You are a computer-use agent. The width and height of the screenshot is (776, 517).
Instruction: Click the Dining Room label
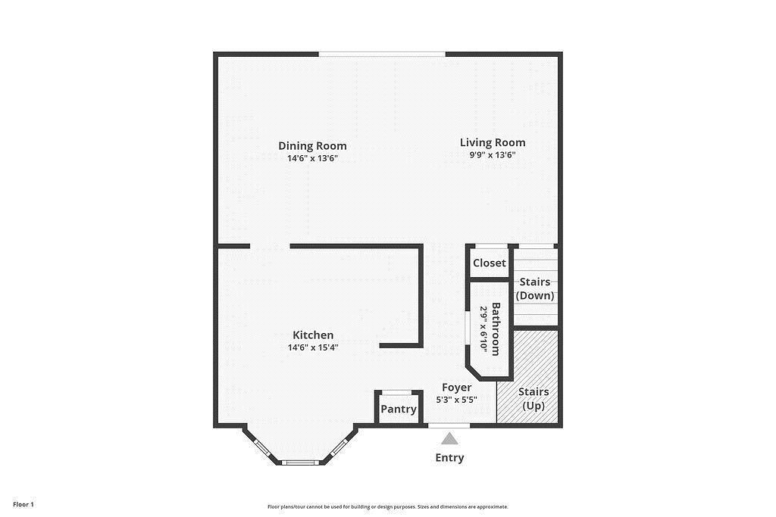312,146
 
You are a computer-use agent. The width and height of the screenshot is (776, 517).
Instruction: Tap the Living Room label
493,142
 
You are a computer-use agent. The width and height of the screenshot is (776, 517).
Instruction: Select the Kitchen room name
313,335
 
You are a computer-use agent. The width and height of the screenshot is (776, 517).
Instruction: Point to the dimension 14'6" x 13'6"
312,159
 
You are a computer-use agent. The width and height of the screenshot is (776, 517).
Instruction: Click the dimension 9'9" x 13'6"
493,155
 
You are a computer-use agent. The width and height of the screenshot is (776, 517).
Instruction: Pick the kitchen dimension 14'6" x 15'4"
313,348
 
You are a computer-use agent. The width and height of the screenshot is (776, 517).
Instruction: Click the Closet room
489,263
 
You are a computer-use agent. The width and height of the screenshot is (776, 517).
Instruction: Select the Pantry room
399,410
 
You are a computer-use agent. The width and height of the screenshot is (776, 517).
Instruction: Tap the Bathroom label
496,329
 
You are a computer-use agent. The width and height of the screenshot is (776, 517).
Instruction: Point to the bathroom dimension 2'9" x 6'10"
483,329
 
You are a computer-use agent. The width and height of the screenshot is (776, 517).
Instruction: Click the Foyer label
456,388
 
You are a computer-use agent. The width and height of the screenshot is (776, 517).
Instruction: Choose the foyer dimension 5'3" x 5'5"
456,400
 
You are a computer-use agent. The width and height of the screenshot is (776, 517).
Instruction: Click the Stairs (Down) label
535,288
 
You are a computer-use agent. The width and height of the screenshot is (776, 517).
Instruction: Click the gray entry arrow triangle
450,439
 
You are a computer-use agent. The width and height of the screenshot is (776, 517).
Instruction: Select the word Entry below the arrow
449,458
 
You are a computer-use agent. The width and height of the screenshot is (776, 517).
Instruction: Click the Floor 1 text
23,504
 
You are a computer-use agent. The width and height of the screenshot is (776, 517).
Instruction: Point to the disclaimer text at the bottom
387,507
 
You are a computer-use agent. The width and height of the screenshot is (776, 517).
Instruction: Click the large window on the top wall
381,54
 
